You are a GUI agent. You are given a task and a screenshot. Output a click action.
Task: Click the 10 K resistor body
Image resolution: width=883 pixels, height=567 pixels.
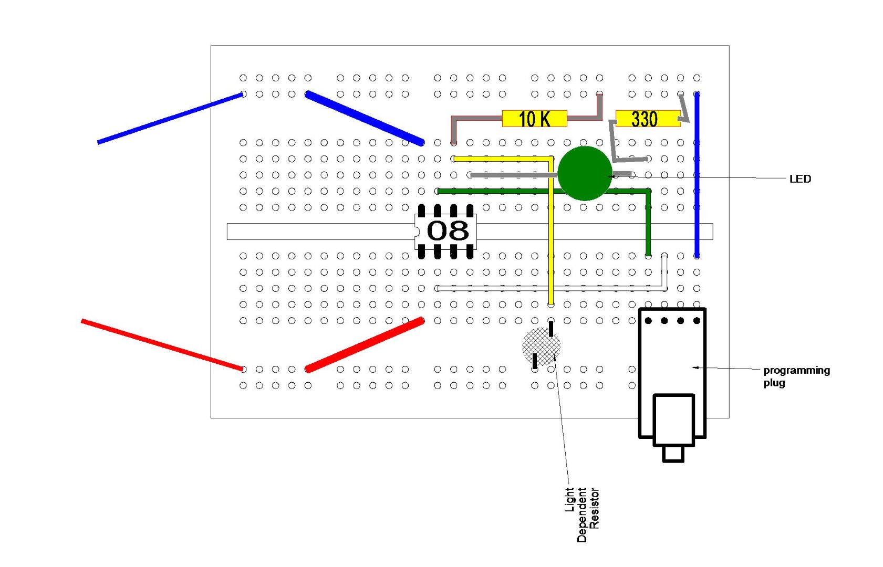[x=534, y=119]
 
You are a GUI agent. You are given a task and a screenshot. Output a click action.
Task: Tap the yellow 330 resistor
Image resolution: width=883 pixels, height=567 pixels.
[x=647, y=119]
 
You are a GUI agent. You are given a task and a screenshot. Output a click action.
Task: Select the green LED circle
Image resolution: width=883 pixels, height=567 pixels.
[x=584, y=173]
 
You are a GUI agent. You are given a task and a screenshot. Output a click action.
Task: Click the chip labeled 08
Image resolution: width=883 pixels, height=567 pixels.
[x=446, y=232]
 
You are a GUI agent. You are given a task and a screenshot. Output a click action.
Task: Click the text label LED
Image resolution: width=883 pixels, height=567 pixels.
[x=799, y=179]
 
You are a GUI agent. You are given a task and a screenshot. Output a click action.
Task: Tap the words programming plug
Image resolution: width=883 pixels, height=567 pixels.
[x=795, y=376]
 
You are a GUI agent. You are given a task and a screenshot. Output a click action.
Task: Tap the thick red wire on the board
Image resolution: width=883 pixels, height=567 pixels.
[x=365, y=345]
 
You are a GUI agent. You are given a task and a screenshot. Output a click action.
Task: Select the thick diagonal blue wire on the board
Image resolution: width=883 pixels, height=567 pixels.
[x=365, y=118]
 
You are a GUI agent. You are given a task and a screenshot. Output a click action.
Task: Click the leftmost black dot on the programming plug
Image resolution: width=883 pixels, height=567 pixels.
[x=648, y=320]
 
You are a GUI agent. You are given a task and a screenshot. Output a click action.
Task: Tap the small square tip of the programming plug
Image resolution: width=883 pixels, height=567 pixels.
[x=673, y=454]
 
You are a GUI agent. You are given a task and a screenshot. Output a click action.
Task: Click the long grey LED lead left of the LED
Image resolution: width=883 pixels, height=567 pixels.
[x=512, y=175]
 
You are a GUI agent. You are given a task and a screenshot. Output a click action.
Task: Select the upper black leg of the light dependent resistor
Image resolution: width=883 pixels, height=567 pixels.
[x=550, y=329]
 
